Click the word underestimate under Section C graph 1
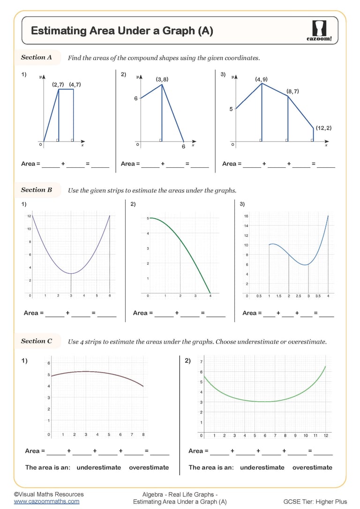pos(98,467)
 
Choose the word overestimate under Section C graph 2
pos(312,467)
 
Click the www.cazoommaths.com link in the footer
pos(46,501)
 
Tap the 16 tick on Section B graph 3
pos(246,217)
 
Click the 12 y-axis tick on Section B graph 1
pos(29,216)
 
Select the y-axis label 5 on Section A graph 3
pos(231,109)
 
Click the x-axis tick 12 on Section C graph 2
pos(326,435)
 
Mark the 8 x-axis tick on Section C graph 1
pos(143,434)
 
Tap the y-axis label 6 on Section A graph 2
pos(136,99)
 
